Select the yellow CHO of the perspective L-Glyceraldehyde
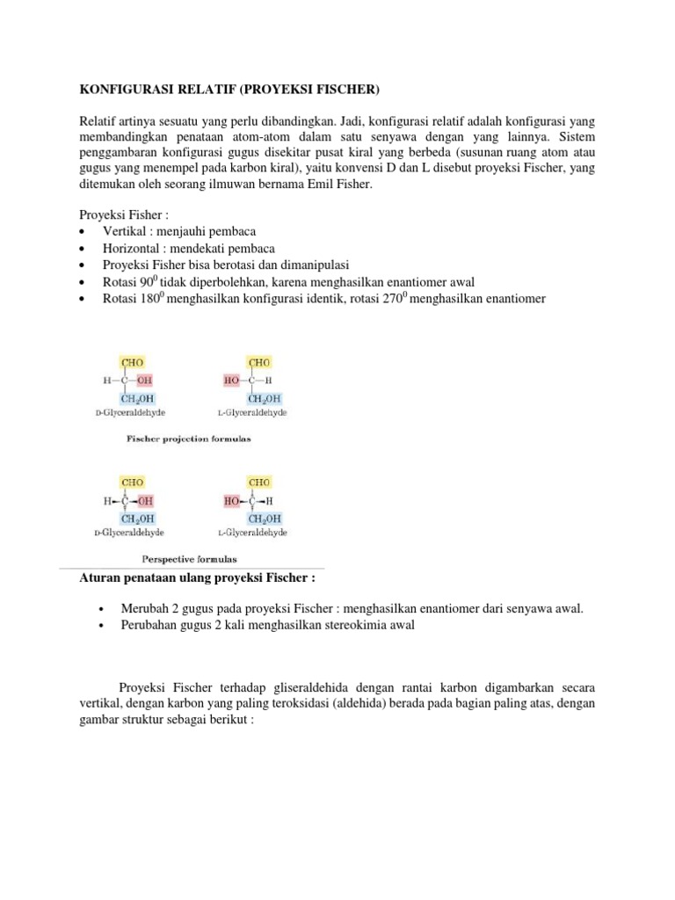[259, 482]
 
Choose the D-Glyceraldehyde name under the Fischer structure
[131, 412]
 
